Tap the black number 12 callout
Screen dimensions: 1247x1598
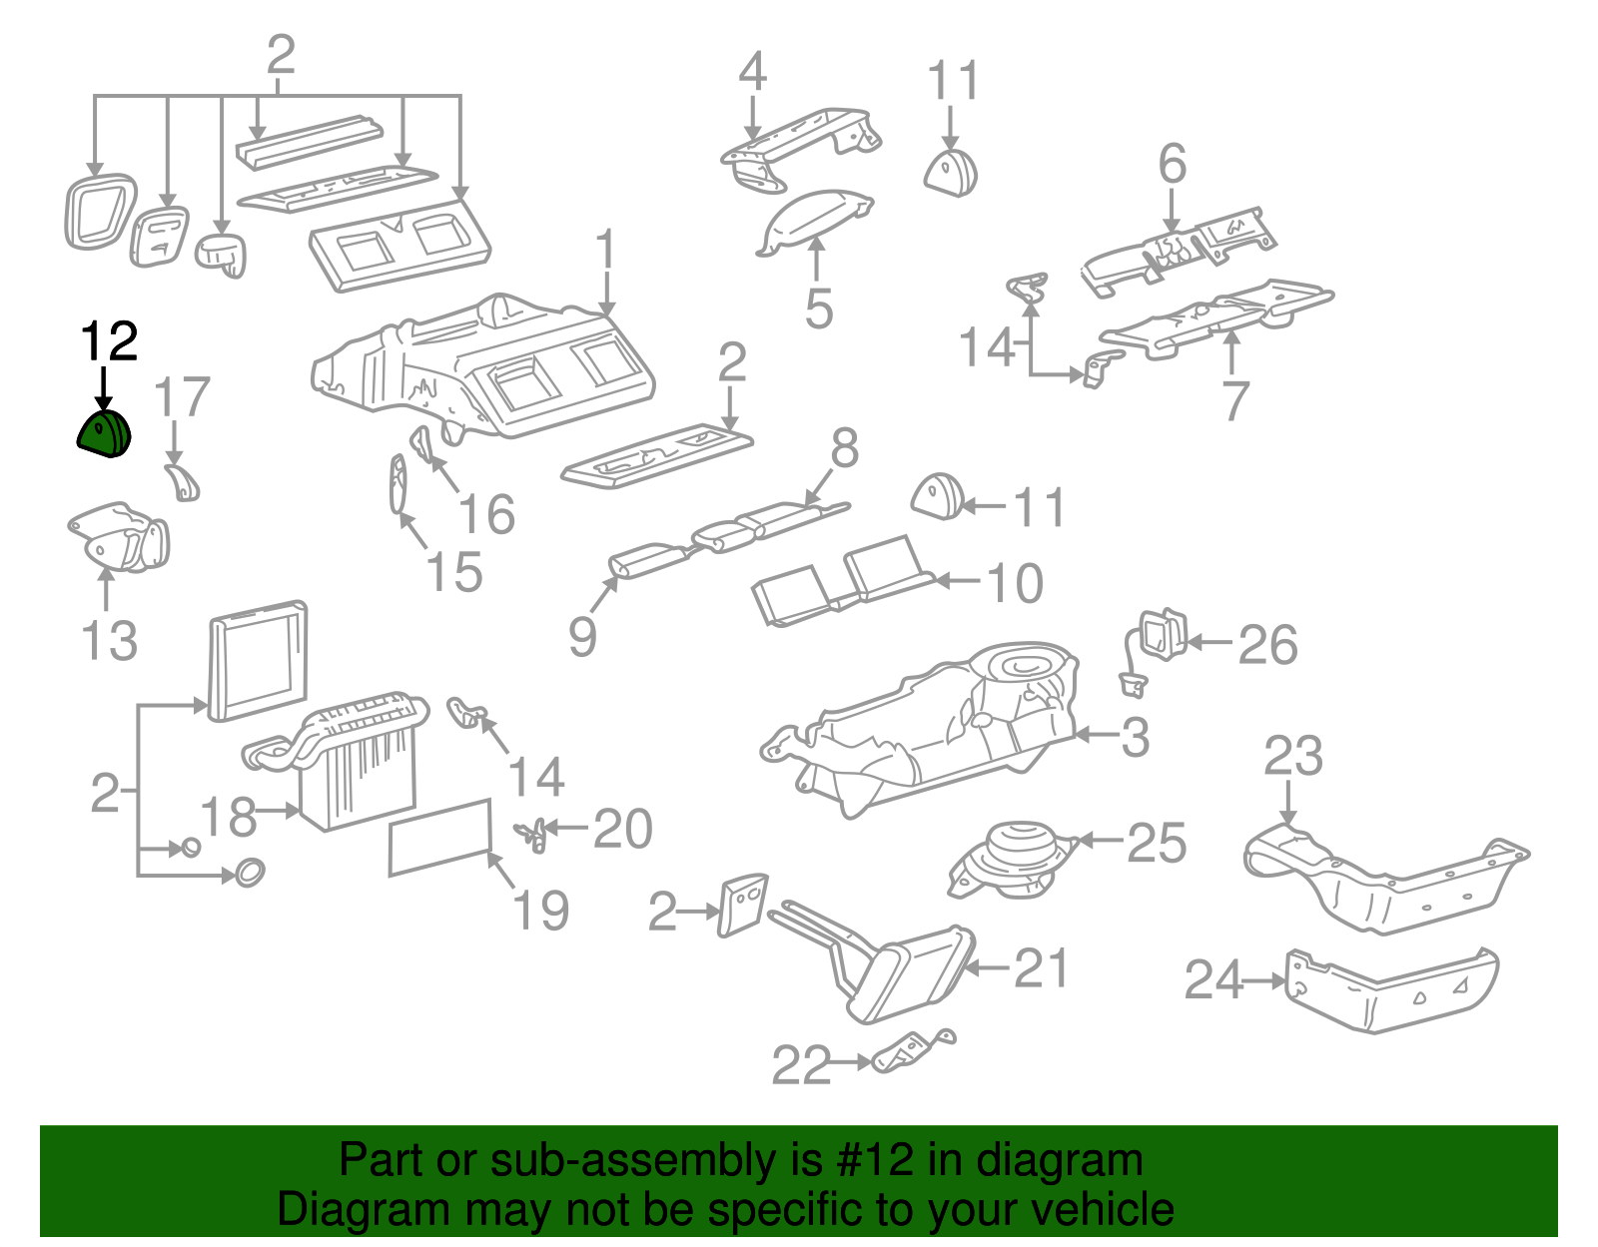(x=108, y=342)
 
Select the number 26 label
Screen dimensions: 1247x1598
(x=1267, y=645)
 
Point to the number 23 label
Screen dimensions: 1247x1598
(x=1292, y=756)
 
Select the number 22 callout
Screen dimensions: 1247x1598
(x=801, y=1065)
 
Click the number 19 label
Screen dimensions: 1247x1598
(x=540, y=910)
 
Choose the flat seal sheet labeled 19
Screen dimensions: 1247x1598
(x=440, y=837)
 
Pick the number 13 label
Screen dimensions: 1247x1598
(x=109, y=640)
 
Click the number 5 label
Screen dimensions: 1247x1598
(x=818, y=309)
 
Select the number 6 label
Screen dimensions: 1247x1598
(x=1173, y=164)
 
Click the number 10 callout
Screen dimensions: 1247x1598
(x=1015, y=583)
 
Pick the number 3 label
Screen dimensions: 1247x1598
(x=1135, y=737)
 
